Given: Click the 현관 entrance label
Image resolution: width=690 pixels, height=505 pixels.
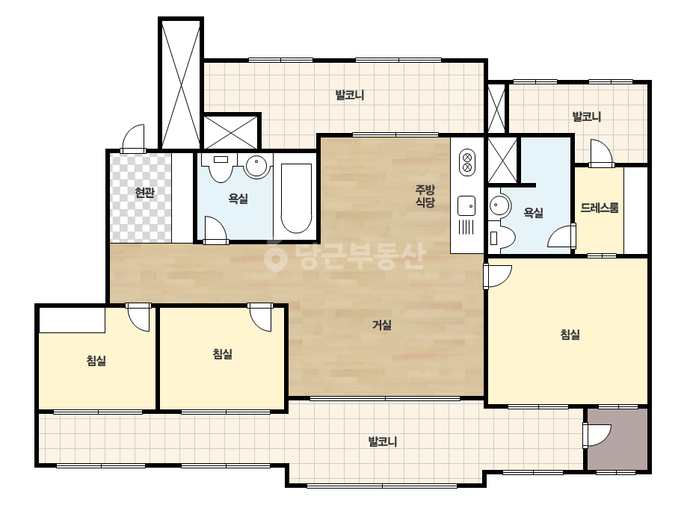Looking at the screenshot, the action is click(x=145, y=193).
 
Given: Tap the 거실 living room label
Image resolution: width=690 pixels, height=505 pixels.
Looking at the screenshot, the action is click(x=382, y=325).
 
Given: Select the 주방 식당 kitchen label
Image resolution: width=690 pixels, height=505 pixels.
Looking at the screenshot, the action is click(x=425, y=196).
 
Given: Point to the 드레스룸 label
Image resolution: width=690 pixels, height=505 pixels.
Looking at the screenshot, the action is click(x=600, y=208).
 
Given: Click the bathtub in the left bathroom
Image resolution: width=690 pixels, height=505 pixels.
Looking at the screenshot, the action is click(x=296, y=199).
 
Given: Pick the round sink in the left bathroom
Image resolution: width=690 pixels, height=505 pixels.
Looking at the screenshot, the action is click(x=256, y=167).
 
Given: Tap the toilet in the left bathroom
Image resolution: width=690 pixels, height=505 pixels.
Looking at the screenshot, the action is click(x=221, y=167).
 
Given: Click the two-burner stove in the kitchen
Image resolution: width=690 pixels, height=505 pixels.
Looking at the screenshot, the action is click(x=467, y=162).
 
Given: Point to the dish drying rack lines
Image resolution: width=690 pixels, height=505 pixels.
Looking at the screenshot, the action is click(x=466, y=227).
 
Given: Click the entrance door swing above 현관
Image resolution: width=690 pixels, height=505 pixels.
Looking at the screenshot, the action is click(x=133, y=138).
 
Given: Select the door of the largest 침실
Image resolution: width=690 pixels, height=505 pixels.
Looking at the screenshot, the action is click(x=498, y=276).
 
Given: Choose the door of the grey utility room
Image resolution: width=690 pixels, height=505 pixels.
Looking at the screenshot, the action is click(x=597, y=436).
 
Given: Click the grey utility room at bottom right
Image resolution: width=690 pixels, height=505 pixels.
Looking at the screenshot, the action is click(x=617, y=439).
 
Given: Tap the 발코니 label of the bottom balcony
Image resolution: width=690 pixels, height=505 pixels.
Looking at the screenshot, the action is click(x=383, y=442).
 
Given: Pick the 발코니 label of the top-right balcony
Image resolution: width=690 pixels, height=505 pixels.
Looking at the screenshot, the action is click(x=586, y=117).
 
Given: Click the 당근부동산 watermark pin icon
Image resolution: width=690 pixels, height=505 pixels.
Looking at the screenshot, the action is click(x=275, y=256).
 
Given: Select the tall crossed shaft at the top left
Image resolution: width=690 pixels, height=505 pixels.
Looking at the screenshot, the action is click(x=181, y=84).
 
